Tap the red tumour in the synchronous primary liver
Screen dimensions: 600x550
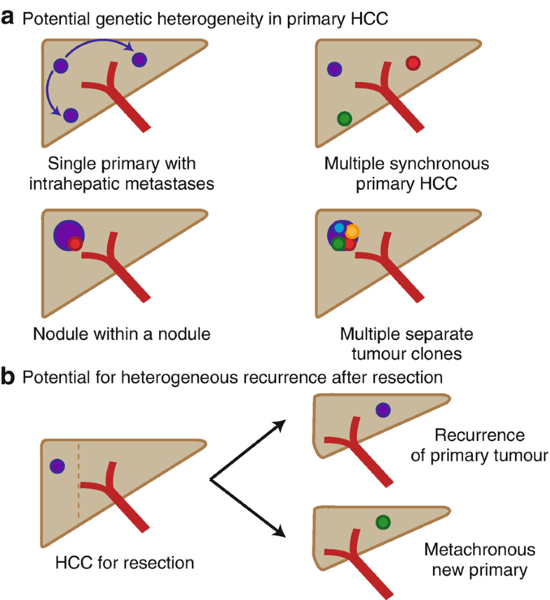tap(413, 63)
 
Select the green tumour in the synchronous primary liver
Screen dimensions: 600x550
tap(343, 118)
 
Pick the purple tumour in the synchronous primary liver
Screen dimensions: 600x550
tap(335, 69)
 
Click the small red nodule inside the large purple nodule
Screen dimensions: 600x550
tap(75, 244)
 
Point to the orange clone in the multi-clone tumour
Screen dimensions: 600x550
tap(352, 231)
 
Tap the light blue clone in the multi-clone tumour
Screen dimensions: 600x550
tap(339, 228)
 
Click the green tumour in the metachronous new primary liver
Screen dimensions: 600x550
tap(383, 521)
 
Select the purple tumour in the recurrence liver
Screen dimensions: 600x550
tap(383, 410)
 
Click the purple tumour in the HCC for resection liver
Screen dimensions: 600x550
tap(57, 465)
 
